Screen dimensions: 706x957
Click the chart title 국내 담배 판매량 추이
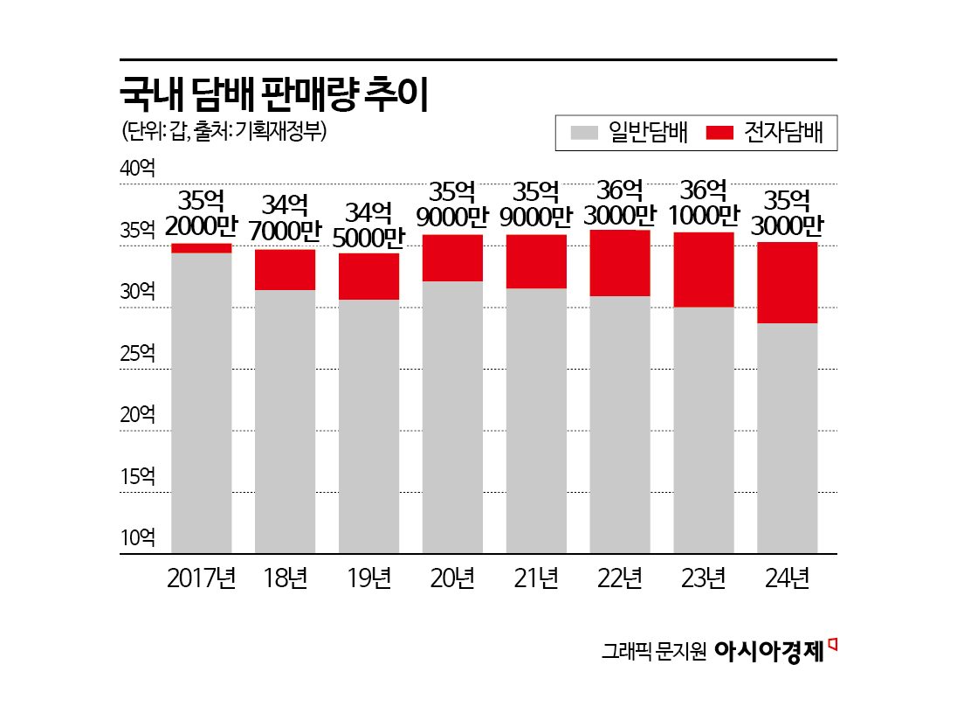point(273,94)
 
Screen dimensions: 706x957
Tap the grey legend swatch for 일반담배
point(584,133)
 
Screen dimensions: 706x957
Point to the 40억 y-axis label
point(137,168)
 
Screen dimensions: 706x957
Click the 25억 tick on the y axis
point(137,354)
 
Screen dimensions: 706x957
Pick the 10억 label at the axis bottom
point(137,537)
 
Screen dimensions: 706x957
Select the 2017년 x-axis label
point(201,578)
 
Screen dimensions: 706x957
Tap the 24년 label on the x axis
point(788,578)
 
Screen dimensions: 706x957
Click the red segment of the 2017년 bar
point(201,248)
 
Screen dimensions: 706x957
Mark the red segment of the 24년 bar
point(788,282)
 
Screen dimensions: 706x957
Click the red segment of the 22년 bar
point(620,263)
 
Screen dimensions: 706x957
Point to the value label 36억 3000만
point(620,203)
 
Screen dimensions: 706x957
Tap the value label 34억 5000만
point(368,224)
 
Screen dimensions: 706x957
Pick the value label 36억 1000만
point(704,203)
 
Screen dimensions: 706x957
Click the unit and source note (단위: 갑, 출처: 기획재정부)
point(224,132)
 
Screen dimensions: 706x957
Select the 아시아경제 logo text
point(768,651)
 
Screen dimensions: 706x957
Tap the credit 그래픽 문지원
point(653,652)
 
